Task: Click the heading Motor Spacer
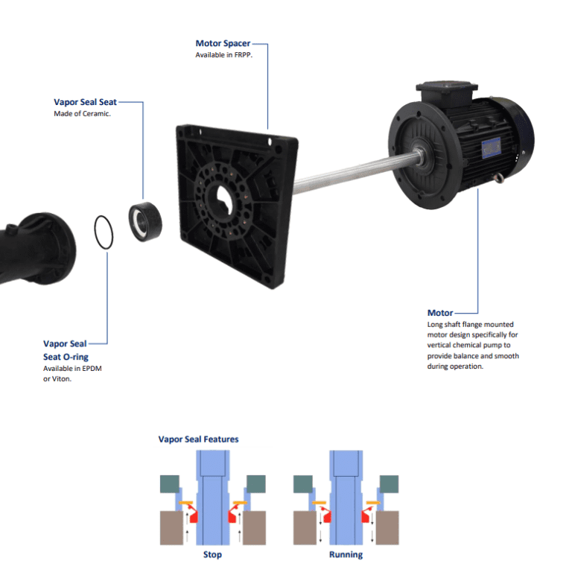tap(223, 43)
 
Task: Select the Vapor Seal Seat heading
tap(85, 102)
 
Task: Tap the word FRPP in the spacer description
tap(243, 55)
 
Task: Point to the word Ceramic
tap(96, 114)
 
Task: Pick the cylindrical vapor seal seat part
tap(145, 221)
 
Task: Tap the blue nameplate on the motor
tap(491, 147)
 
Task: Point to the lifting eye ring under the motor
tap(498, 178)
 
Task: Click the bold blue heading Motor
tap(440, 313)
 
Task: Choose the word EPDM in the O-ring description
tap(92, 369)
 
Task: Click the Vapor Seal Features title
tap(199, 439)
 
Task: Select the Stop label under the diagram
tap(213, 555)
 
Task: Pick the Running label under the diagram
tap(346, 555)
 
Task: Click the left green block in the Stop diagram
tap(170, 484)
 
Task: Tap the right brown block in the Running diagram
tap(387, 527)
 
